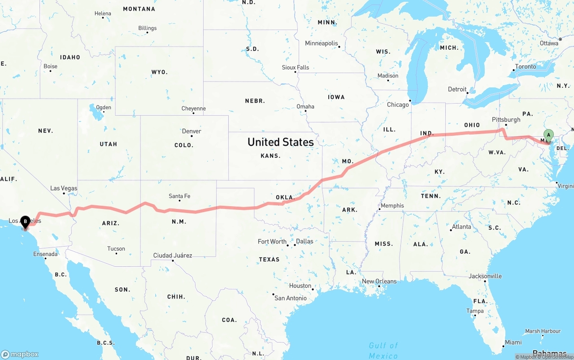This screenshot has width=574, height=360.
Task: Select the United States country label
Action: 280,142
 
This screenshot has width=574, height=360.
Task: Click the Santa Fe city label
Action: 179,196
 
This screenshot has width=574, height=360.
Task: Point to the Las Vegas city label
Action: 63,188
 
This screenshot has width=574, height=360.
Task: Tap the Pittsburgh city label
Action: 506,120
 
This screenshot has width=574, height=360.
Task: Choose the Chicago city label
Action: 398,105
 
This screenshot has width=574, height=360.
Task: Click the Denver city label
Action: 191,131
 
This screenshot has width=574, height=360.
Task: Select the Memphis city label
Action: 392,206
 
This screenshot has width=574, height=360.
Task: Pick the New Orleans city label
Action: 379,282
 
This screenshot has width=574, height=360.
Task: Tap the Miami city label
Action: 513,343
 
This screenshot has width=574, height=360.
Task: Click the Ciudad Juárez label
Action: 173,256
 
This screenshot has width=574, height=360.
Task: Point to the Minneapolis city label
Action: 322,43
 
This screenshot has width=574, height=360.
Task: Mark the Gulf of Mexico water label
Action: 383,350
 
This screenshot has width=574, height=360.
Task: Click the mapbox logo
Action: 20,354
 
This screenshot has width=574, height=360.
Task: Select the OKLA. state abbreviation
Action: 284,197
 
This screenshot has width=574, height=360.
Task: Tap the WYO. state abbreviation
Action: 159,72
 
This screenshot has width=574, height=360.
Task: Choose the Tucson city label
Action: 116,249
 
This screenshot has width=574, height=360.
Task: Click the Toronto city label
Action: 526,67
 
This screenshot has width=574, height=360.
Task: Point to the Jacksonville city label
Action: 485,276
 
